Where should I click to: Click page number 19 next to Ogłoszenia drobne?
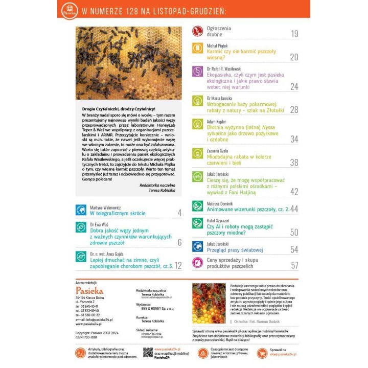point(294,34)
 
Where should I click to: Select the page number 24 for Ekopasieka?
point(294,86)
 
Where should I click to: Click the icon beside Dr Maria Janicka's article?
point(197,101)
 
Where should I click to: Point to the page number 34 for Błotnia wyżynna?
point(294,139)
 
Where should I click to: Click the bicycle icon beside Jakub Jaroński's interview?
point(197,177)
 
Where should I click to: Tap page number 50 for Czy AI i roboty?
point(294,233)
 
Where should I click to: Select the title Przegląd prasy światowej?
point(235,250)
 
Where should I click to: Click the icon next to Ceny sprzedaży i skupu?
point(197,263)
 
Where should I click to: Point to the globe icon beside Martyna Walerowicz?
point(81,210)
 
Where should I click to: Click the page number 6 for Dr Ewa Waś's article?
point(179,242)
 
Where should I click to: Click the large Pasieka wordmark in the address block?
point(89,290)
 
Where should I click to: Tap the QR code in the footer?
point(148,352)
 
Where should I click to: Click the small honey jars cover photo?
point(209,303)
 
